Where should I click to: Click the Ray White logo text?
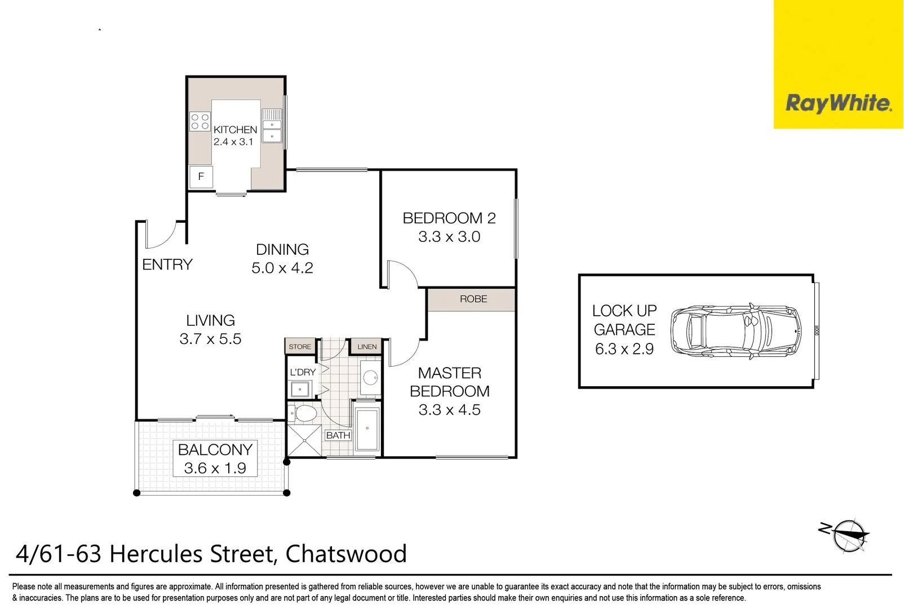(838, 104)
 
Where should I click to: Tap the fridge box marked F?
(201, 176)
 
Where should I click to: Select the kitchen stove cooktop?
(200, 122)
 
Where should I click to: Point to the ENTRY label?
(167, 264)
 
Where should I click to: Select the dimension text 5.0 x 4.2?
(282, 268)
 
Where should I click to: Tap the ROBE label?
(473, 299)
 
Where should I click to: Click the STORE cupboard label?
(300, 347)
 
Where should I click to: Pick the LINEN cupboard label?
(367, 347)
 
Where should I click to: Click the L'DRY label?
(303, 372)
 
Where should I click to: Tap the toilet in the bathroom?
(303, 413)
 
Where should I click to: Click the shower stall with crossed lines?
(304, 440)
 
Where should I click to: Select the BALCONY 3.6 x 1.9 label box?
(215, 458)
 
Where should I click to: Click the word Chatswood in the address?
(345, 554)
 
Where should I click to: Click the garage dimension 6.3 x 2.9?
(624, 349)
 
